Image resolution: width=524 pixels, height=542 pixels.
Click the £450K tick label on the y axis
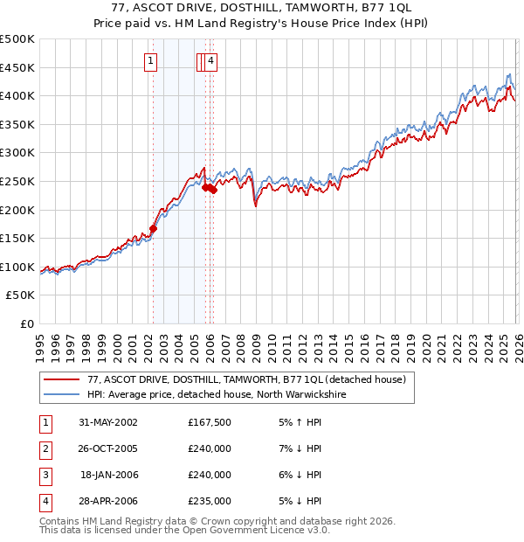17,67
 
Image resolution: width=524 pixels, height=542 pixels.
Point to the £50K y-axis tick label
20,295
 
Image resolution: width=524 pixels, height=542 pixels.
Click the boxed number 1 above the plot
151,61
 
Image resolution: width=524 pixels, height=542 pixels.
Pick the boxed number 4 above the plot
211,61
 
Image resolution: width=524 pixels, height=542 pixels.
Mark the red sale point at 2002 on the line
153,228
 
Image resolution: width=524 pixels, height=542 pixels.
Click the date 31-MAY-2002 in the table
108,422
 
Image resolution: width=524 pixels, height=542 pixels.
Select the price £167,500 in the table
210,422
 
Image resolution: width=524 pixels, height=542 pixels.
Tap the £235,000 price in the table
210,501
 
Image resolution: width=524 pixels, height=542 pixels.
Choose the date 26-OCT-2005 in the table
108,448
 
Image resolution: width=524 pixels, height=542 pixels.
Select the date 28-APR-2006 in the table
108,501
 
